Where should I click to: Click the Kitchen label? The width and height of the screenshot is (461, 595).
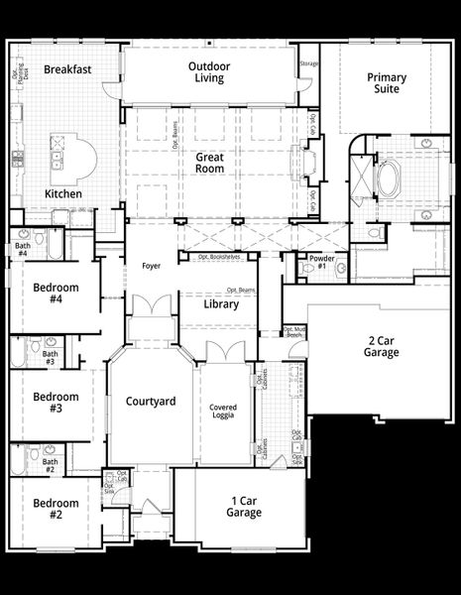63,194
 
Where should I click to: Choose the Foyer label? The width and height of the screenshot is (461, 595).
151,266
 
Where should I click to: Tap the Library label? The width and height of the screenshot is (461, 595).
221,304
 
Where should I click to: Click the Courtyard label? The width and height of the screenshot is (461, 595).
151,402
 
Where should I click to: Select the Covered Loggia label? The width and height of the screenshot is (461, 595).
223,414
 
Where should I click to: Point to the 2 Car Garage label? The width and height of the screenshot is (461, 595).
381,346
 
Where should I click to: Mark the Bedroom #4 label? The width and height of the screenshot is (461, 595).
56,295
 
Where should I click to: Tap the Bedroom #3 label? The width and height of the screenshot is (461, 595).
56,402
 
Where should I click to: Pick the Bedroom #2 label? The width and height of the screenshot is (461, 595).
56,509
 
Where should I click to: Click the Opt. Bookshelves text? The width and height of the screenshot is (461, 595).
219,256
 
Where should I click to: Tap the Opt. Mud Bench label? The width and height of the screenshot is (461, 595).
293,332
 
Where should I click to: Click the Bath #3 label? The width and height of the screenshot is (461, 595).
50,358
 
